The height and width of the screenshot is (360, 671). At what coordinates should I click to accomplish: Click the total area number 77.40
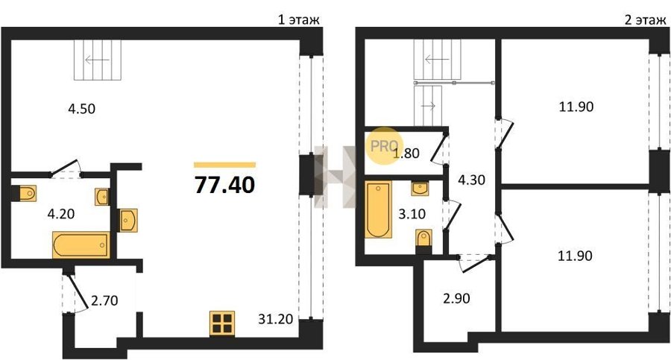pyautogui.click(x=224, y=185)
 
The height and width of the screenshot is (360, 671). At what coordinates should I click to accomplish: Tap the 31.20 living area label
pyautogui.click(x=276, y=319)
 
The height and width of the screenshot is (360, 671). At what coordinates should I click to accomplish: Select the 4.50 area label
pyautogui.click(x=82, y=109)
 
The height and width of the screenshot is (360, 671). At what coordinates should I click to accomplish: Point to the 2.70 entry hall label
pyautogui.click(x=104, y=300)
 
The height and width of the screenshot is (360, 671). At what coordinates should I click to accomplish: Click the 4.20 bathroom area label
pyautogui.click(x=61, y=214)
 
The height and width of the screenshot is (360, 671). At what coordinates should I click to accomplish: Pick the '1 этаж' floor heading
pyautogui.click(x=299, y=19)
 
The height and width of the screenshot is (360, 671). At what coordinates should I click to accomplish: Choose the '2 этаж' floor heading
pyautogui.click(x=646, y=19)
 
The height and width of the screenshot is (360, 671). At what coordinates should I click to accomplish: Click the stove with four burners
pyautogui.click(x=222, y=323)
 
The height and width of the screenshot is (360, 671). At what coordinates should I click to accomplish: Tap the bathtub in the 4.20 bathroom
pyautogui.click(x=81, y=245)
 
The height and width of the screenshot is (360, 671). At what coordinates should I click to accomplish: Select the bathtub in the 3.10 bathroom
pyautogui.click(x=379, y=209)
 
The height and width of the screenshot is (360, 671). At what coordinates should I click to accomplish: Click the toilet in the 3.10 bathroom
pyautogui.click(x=423, y=239)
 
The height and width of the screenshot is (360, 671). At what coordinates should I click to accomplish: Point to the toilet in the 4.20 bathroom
pyautogui.click(x=27, y=193)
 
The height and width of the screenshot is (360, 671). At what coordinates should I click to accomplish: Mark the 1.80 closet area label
pyautogui.click(x=406, y=153)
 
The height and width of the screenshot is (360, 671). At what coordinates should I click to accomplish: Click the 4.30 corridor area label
pyautogui.click(x=472, y=180)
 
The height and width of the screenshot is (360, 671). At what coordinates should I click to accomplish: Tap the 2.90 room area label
pyautogui.click(x=456, y=298)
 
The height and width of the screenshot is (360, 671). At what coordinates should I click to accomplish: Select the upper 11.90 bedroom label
pyautogui.click(x=576, y=106)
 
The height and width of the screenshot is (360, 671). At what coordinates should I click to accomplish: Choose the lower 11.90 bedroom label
pyautogui.click(x=576, y=256)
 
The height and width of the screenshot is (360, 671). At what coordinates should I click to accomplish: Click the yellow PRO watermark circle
pyautogui.click(x=384, y=146)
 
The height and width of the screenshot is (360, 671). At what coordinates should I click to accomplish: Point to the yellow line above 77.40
pyautogui.click(x=224, y=165)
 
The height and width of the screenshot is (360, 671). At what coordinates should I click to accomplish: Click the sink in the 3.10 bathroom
pyautogui.click(x=420, y=189)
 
